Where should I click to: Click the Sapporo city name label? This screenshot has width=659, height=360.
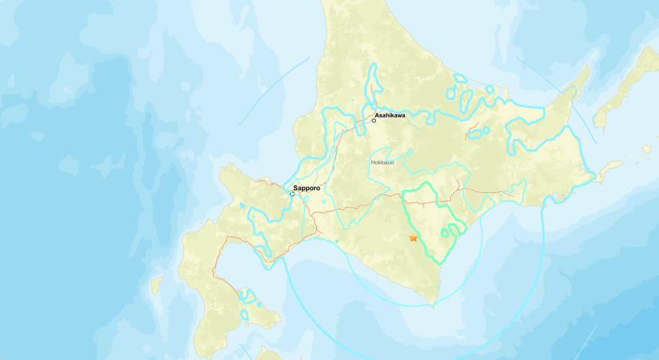pyautogui.click(x=307, y=187)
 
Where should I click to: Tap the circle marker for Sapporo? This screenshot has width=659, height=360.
pyautogui.click(x=292, y=194)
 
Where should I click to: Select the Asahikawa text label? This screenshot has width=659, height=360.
pyautogui.click(x=390, y=114)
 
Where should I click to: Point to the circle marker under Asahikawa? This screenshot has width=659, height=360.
pyautogui.click(x=374, y=120)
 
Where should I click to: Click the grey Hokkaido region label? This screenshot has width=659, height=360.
pyautogui.click(x=382, y=163)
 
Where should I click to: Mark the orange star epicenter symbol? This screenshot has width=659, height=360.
pyautogui.click(x=413, y=238)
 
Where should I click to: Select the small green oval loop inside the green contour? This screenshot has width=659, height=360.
pyautogui.click(x=453, y=230)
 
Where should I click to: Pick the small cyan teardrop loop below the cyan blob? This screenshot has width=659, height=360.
pyautogui.click(x=245, y=315)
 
